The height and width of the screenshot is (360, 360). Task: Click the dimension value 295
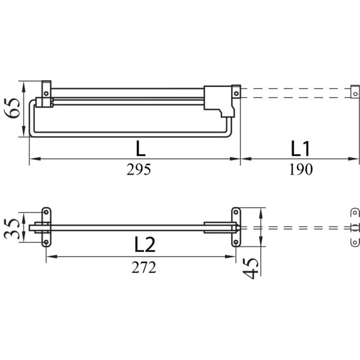(139, 169)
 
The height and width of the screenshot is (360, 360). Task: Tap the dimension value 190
(301, 169)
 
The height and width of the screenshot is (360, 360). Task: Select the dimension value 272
(144, 267)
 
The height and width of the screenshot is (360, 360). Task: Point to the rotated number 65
(13, 108)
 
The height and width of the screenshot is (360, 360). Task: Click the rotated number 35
(12, 229)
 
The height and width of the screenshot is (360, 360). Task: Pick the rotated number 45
(250, 268)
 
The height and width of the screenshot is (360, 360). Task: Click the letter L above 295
(141, 148)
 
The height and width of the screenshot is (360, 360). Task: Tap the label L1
(301, 149)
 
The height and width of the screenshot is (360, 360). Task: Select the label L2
(145, 245)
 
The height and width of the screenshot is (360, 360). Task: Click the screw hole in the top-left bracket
(46, 94)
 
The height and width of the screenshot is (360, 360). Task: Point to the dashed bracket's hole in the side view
(356, 94)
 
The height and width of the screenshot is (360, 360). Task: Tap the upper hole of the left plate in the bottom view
(46, 212)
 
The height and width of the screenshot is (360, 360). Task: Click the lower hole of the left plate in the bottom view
(46, 242)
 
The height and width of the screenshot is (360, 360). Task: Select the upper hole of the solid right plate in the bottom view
(236, 212)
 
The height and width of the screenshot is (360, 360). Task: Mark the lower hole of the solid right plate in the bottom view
(236, 242)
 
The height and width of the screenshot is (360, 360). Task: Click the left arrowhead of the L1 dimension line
(246, 158)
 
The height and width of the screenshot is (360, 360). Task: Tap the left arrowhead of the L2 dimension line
(52, 256)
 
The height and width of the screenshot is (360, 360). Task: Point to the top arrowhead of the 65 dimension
(23, 86)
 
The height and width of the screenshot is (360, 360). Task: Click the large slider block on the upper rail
(219, 101)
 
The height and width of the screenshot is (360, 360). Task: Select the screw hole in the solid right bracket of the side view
(236, 94)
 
